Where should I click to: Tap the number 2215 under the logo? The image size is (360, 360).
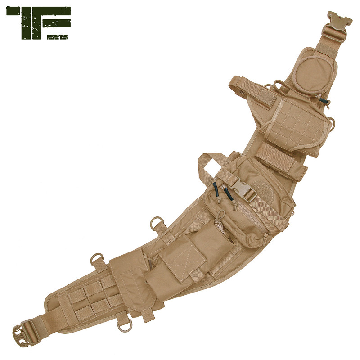57,37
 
